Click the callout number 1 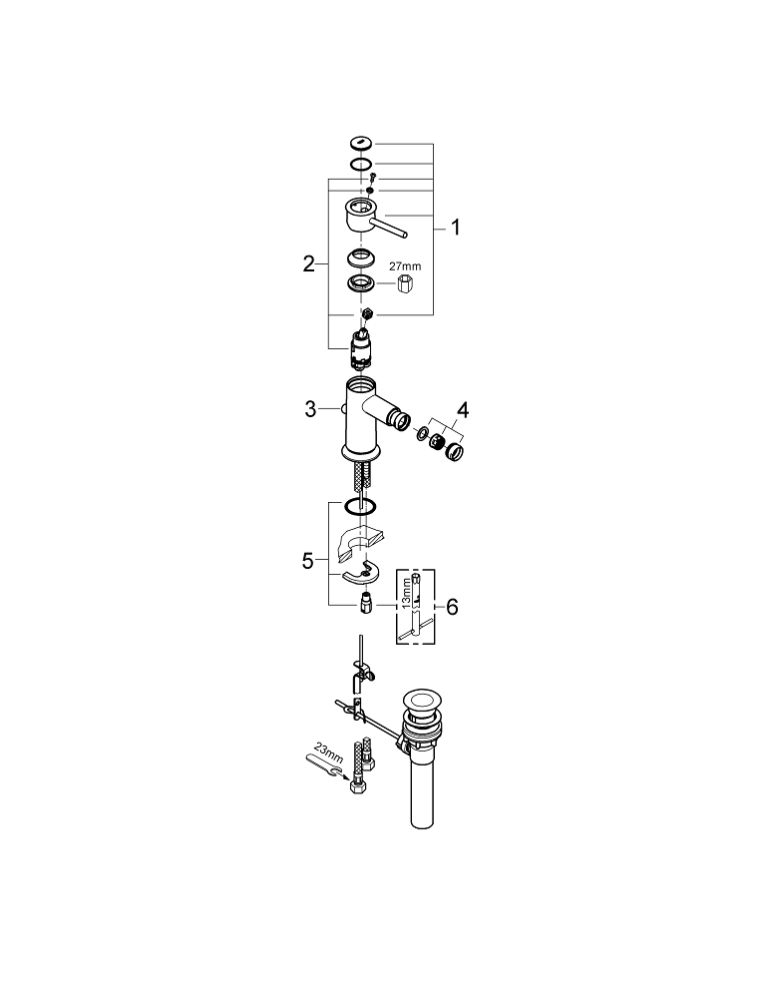(x=455, y=228)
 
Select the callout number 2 (x=308, y=263)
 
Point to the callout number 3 (x=310, y=408)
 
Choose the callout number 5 (x=308, y=561)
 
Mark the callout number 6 (x=452, y=607)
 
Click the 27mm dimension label (x=404, y=266)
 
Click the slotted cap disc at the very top (x=361, y=143)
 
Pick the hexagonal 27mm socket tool (x=407, y=286)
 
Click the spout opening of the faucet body (x=404, y=421)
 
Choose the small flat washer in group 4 (x=423, y=435)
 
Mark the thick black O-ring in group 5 (x=362, y=508)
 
